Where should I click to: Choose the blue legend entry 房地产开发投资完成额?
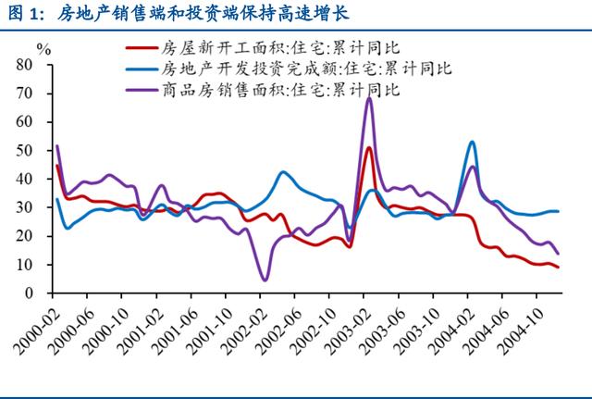305,69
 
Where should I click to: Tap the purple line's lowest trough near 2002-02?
265,280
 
